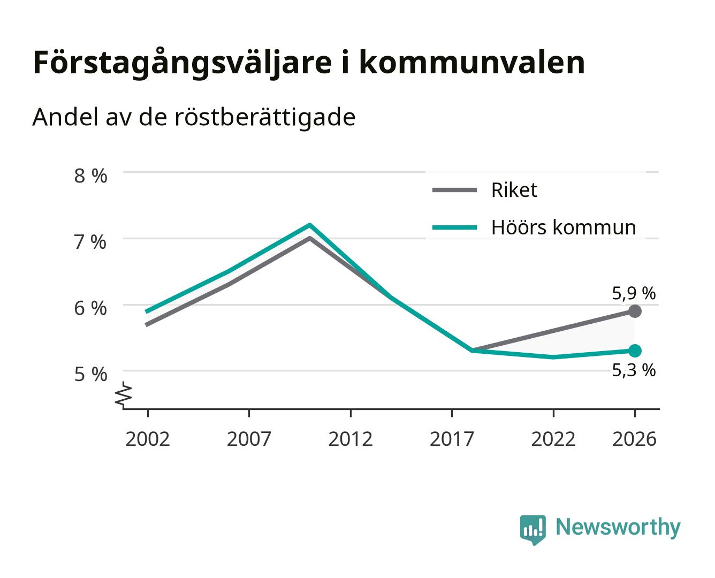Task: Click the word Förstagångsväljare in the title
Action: pos(182,63)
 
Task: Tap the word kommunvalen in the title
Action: pos(471,63)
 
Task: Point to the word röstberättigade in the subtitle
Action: pos(264,118)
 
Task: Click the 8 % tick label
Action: pos(90,176)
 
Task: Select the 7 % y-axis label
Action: pos(90,242)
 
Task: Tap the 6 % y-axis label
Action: pos(90,308)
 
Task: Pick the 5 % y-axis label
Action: pos(90,374)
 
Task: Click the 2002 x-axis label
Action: pos(147,439)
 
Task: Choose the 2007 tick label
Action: pos(249,439)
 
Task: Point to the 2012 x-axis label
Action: pos(351,439)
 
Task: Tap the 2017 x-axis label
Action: pos(452,439)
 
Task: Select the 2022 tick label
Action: pos(553,439)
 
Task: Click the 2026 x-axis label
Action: pos(634,439)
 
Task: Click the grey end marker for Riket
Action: pos(635,311)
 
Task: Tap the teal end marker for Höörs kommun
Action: pos(635,351)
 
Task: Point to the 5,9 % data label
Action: pos(634,293)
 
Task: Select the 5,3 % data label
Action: pos(634,370)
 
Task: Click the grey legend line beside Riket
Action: pos(454,190)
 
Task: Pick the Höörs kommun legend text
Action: pos(564,227)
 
